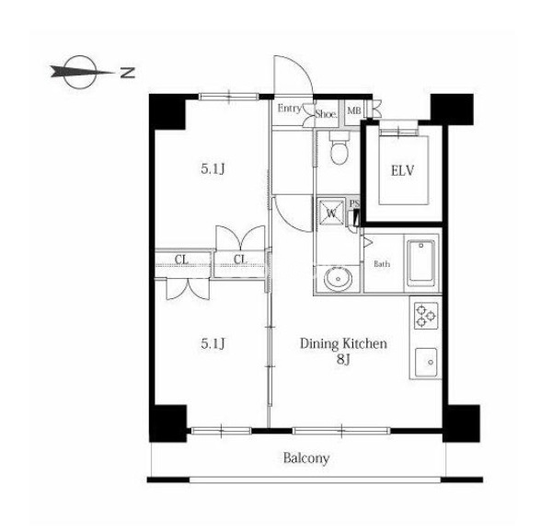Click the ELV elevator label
[402, 171]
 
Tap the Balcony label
[306, 458]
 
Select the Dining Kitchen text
[343, 344]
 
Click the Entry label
[289, 109]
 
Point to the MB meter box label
[354, 111]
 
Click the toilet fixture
[339, 147]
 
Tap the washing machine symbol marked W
[331, 213]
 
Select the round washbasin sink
[339, 278]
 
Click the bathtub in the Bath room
[421, 263]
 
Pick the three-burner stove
[426, 316]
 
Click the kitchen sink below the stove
[426, 362]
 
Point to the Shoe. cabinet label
[326, 114]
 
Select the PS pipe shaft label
[354, 203]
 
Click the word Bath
[382, 264]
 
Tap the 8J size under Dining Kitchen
[344, 360]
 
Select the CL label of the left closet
[181, 260]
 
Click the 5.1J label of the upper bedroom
[213, 169]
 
